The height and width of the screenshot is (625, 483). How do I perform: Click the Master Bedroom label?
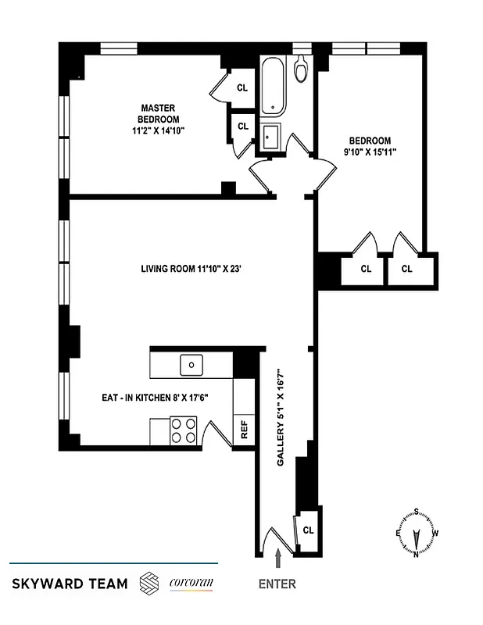tap(157, 120)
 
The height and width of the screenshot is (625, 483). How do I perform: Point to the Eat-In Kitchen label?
tap(155, 398)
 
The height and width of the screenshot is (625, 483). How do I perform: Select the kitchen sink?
tap(191, 364)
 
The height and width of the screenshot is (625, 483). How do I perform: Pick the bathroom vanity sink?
tap(271, 137)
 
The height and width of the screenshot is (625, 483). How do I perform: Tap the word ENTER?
tap(277, 584)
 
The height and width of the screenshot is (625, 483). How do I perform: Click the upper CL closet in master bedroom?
tap(242, 87)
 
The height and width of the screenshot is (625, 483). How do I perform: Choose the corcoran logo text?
tap(191, 583)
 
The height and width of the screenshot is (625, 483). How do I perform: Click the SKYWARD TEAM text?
tap(70, 584)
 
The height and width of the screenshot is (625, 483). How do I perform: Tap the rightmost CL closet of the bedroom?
tap(406, 270)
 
